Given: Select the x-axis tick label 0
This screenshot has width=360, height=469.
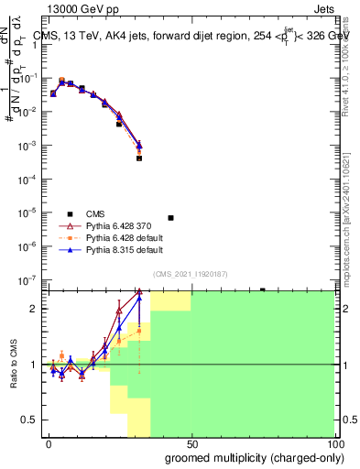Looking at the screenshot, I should point(49,442).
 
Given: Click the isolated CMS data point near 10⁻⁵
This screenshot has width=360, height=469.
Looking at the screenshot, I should point(170,218).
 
